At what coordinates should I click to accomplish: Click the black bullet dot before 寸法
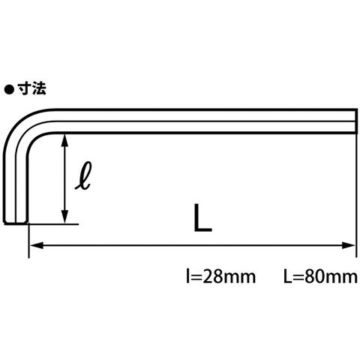[9, 90]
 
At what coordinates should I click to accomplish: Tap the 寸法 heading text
[31, 88]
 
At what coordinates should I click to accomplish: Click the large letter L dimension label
[202, 217]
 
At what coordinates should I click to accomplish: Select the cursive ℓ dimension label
[83, 175]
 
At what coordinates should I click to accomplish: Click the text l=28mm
[221, 277]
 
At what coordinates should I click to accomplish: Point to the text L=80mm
[321, 277]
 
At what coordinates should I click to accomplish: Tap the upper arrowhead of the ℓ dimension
[65, 141]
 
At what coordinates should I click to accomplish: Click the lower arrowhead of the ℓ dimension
[65, 217]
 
